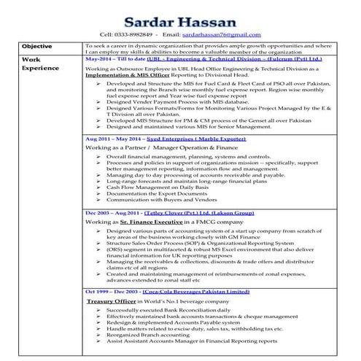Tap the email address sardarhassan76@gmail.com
click(x=220, y=34)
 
